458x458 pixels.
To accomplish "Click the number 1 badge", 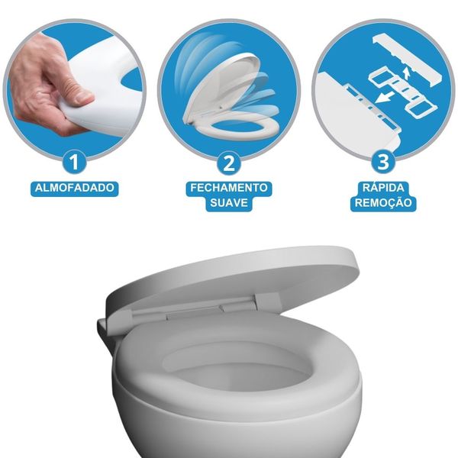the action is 74,162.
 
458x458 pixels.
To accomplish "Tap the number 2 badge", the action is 229,163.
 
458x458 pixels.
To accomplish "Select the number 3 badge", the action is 383,162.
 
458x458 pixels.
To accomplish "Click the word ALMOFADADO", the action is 75,188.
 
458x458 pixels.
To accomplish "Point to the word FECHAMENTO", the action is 229,188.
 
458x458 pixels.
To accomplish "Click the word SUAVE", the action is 229,203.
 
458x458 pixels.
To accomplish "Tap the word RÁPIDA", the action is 383,187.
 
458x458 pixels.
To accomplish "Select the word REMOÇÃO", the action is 383,202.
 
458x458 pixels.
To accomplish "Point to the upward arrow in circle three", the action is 406,73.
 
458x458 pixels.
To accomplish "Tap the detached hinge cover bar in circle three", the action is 408,60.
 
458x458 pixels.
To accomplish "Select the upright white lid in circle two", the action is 222,88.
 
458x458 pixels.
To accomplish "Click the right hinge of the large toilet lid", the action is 267,301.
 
